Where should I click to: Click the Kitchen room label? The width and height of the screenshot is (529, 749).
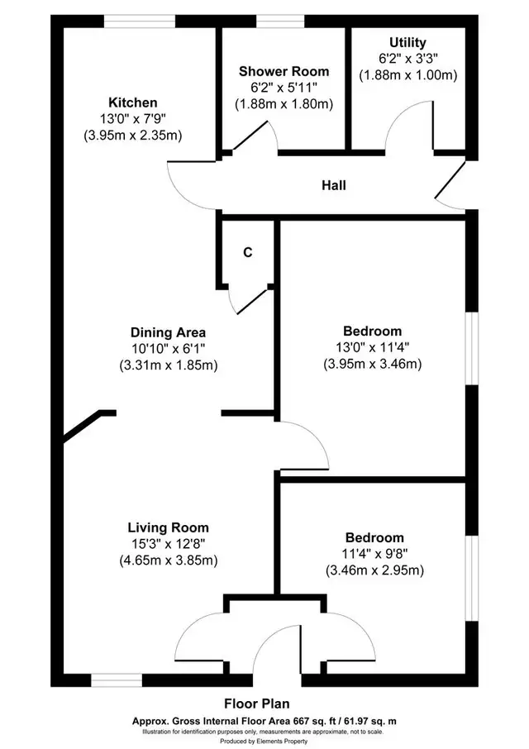pos(133,103)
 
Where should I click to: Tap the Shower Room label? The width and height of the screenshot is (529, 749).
pos(284,72)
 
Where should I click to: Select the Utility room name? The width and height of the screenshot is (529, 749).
pos(407,42)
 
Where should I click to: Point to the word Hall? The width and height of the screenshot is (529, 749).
pos(334,185)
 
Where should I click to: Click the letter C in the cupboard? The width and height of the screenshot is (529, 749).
pos(248,252)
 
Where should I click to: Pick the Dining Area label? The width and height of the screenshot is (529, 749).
pos(168,332)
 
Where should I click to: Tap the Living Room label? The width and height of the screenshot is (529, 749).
pos(168,527)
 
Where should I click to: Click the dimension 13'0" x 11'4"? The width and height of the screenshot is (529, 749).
pos(373,347)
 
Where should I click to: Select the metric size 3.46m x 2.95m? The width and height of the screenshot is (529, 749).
pos(374,570)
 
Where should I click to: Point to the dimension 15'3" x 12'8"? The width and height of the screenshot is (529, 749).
pos(168,544)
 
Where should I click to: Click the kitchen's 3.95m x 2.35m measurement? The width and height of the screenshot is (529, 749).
pos(133,136)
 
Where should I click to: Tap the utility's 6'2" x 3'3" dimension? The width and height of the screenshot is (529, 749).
pos(408,59)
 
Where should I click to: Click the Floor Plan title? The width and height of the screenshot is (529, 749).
pos(257,704)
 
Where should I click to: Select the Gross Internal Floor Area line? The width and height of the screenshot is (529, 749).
pos(264,721)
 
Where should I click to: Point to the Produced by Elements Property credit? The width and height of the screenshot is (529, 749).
pos(264,742)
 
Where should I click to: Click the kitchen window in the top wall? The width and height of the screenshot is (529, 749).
pos(140,21)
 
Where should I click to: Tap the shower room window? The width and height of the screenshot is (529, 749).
pos(280,21)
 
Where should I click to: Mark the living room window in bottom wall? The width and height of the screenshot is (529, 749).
pos(117,680)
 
